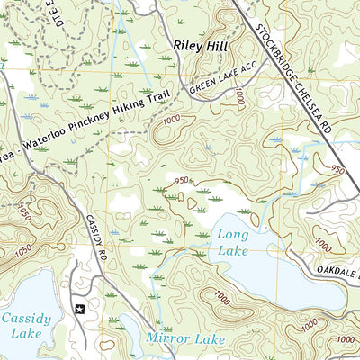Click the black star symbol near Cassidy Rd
coord(79,308)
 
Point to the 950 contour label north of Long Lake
coord(183,180)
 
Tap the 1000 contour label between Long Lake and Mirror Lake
coord(220,296)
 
